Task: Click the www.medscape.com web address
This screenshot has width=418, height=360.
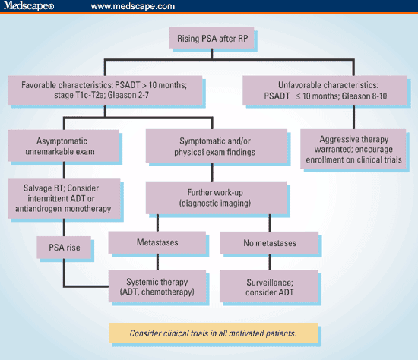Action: click(132, 7)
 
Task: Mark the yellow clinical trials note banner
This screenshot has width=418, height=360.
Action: click(208, 332)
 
